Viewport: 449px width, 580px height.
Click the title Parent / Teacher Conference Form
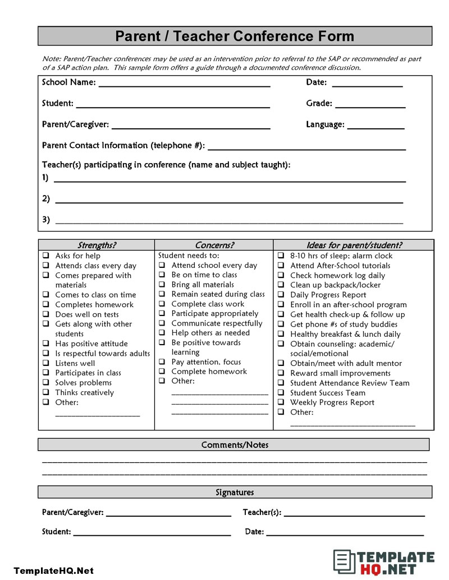tap(235, 36)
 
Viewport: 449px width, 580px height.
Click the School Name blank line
tap(184, 86)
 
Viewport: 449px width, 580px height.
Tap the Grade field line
tap(370, 106)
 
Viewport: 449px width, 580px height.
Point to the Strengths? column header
tap(97, 245)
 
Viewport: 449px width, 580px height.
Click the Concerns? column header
tap(214, 245)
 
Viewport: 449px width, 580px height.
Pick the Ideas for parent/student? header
tap(354, 245)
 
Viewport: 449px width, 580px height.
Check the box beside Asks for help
tap(46, 256)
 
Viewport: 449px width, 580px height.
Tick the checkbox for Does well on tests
tap(46, 314)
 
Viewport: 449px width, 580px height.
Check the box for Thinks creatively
tap(46, 393)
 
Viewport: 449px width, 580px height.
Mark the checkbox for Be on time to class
tap(162, 275)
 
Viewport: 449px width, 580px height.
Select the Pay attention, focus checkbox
tap(162, 362)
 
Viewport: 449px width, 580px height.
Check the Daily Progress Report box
tap(281, 295)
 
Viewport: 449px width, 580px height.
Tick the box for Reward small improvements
tap(281, 373)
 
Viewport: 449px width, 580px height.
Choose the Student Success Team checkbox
tap(281, 393)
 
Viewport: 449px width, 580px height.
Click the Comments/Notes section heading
tap(235, 445)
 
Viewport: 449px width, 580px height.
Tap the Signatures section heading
tap(235, 493)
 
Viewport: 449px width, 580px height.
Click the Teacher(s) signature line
tap(354, 515)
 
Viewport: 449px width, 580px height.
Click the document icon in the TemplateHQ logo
tap(342, 562)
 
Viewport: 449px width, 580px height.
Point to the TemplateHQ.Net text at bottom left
tap(53, 571)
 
